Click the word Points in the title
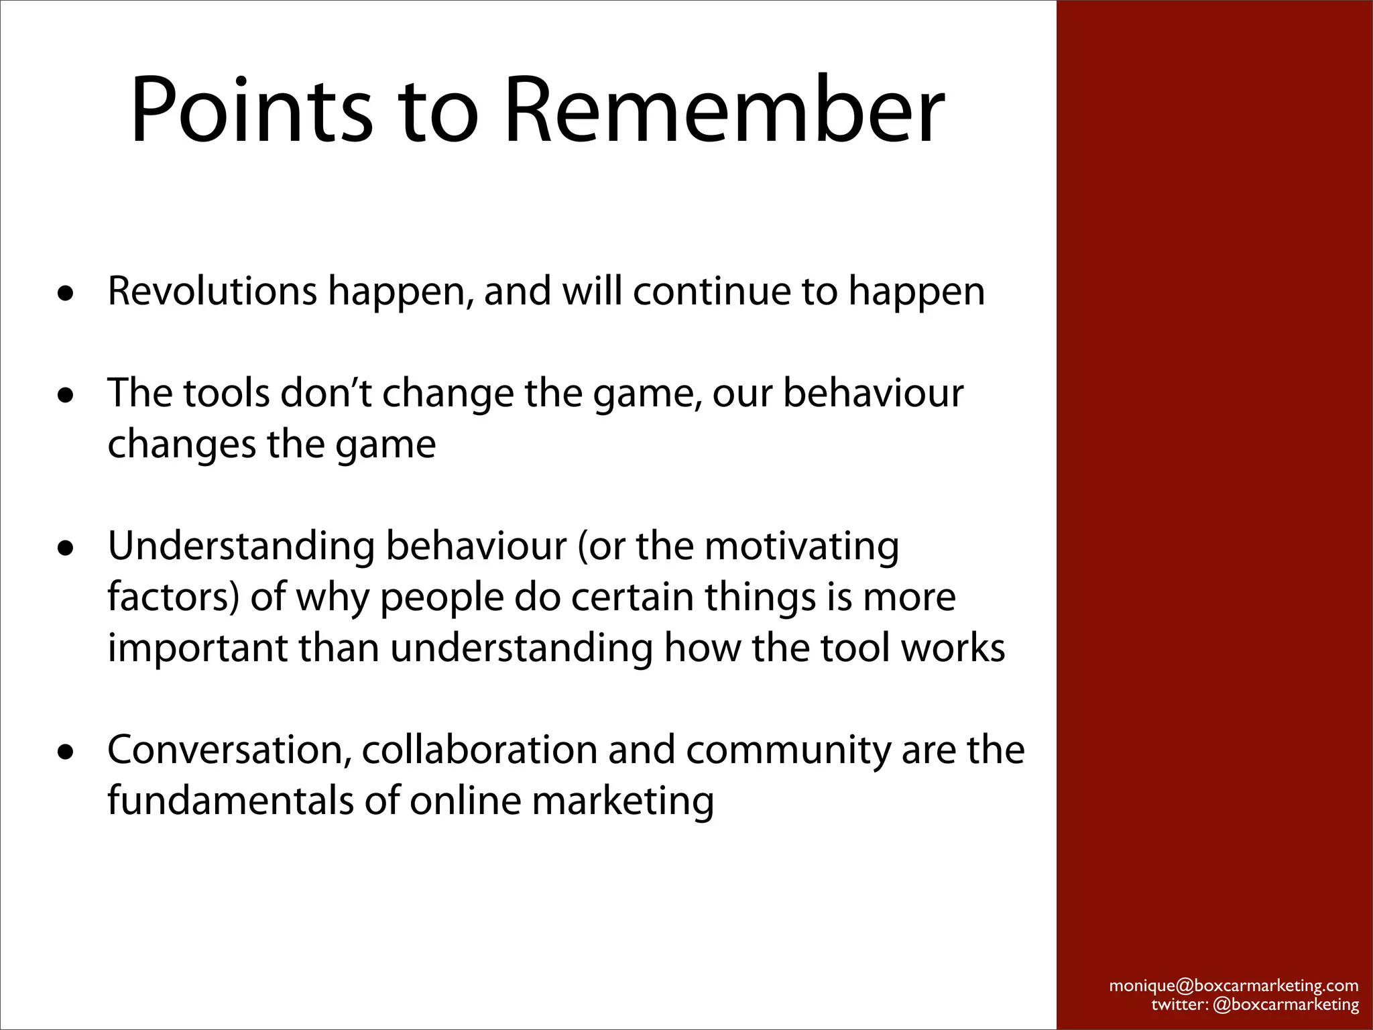point(251,111)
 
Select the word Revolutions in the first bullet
point(212,291)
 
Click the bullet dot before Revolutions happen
point(65,294)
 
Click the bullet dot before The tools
point(65,396)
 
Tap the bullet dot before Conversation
point(65,752)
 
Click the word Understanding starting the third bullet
point(241,546)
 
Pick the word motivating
point(802,546)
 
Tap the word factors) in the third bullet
point(173,597)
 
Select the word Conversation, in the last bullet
point(229,750)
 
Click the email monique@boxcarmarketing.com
point(1234,986)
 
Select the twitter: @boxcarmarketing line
point(1255,1005)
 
